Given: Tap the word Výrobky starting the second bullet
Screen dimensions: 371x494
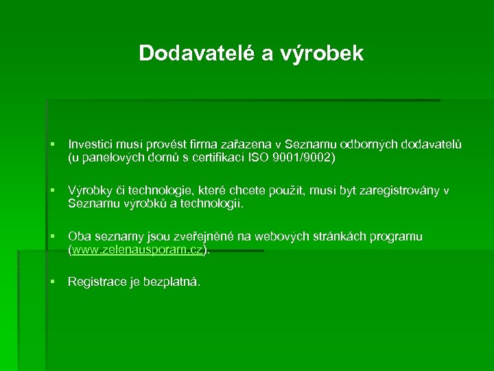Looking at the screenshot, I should [x=90, y=190].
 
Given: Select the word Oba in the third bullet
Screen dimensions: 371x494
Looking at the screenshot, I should [x=79, y=236].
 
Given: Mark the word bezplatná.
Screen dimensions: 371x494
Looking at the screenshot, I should [x=172, y=282].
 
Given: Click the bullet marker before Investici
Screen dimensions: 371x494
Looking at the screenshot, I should [x=52, y=144].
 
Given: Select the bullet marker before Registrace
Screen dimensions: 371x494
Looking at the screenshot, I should [x=52, y=282].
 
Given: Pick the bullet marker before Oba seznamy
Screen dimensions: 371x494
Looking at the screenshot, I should [x=52, y=236].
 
